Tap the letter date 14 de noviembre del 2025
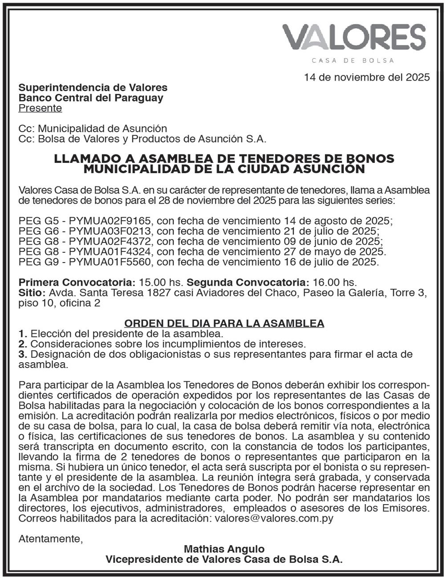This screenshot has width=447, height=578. click(x=367, y=77)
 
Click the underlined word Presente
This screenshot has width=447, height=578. click(x=40, y=108)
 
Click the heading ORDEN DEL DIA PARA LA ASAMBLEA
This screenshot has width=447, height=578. click(x=224, y=323)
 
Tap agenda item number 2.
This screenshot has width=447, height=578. click(x=23, y=344)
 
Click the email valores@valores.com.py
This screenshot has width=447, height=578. click(x=274, y=518)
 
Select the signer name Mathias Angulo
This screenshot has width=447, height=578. click(x=224, y=549)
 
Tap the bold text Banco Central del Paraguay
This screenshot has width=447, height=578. click(x=91, y=97)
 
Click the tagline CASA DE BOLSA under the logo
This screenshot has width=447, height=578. click(x=353, y=61)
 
